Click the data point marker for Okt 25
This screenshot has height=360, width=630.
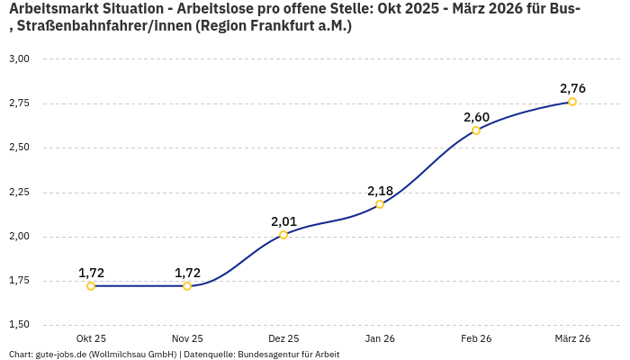(x=91, y=286)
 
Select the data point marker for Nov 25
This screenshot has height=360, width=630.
(x=187, y=286)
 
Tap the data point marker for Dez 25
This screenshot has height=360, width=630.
(x=283, y=235)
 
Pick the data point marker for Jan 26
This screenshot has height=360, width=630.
(x=380, y=204)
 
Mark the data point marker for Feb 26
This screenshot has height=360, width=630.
(x=476, y=130)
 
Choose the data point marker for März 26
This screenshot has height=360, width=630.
(x=572, y=102)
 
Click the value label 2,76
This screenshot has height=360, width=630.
(x=572, y=88)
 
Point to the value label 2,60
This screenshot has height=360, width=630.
(x=476, y=117)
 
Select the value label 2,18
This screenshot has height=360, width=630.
(x=380, y=191)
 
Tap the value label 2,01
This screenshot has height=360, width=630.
(x=283, y=221)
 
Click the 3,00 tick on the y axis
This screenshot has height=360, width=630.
(x=19, y=58)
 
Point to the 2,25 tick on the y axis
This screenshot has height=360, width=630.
(x=19, y=192)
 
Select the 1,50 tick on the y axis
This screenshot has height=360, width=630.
(x=19, y=325)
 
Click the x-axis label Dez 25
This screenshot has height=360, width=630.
(x=283, y=338)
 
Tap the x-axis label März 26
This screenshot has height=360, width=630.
(x=572, y=338)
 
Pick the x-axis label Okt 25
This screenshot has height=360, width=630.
(x=91, y=338)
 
